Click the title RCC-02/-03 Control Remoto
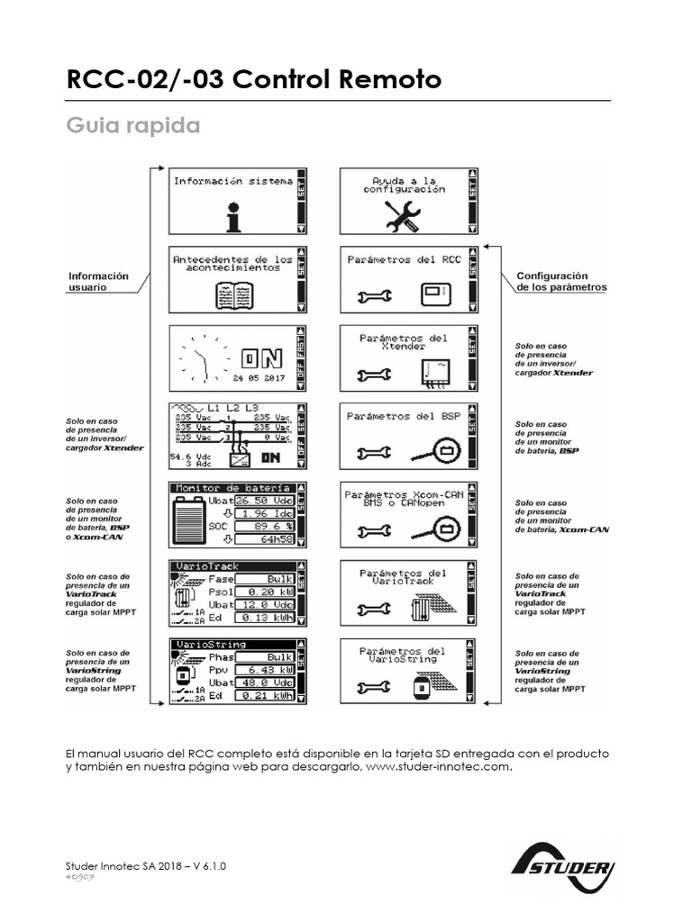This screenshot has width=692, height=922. click(253, 80)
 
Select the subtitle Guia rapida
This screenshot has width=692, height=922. click(133, 125)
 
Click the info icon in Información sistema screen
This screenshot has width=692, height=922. click(233, 216)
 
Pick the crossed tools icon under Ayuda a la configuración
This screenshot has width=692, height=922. click(402, 216)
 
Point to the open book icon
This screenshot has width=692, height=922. click(232, 294)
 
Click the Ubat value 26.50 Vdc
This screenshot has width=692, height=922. click(264, 500)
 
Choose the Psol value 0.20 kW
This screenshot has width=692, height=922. click(264, 592)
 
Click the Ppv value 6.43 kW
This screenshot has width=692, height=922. click(264, 671)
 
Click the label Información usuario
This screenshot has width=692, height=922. click(99, 282)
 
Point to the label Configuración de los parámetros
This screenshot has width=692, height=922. click(560, 282)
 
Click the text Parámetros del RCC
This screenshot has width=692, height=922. click(404, 259)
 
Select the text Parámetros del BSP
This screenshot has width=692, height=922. click(404, 417)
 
